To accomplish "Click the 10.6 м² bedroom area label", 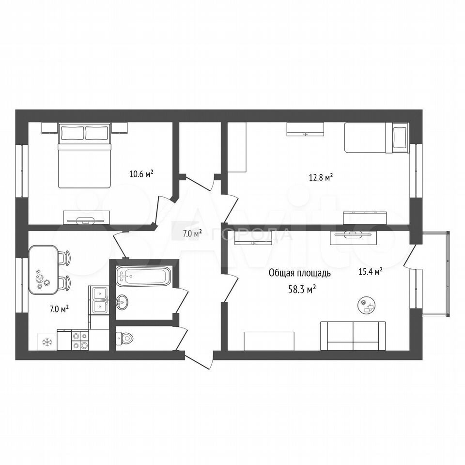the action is [141, 173].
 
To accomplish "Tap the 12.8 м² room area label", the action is [321, 178].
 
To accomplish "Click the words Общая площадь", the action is [299, 273].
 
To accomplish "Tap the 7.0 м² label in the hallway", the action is [192, 233].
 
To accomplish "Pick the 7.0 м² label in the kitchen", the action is [59, 310].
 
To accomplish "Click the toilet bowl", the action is [124, 338].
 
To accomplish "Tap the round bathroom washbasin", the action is [122, 302].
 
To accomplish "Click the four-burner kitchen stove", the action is [80, 340].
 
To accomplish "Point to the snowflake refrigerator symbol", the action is [47, 342].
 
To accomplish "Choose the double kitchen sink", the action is [99, 300].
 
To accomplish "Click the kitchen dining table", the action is [44, 270].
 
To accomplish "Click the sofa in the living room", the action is [353, 336].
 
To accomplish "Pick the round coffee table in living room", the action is [367, 306].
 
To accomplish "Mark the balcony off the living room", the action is [435, 274].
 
